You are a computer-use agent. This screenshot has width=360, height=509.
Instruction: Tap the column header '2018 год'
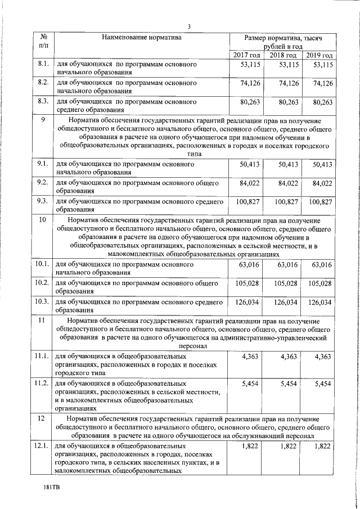tap(283, 55)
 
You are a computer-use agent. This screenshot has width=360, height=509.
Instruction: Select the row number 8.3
tap(44, 102)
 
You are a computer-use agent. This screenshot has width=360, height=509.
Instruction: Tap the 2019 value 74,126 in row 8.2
tap(322, 83)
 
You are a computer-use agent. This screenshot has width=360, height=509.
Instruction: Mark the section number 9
tap(43, 120)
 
